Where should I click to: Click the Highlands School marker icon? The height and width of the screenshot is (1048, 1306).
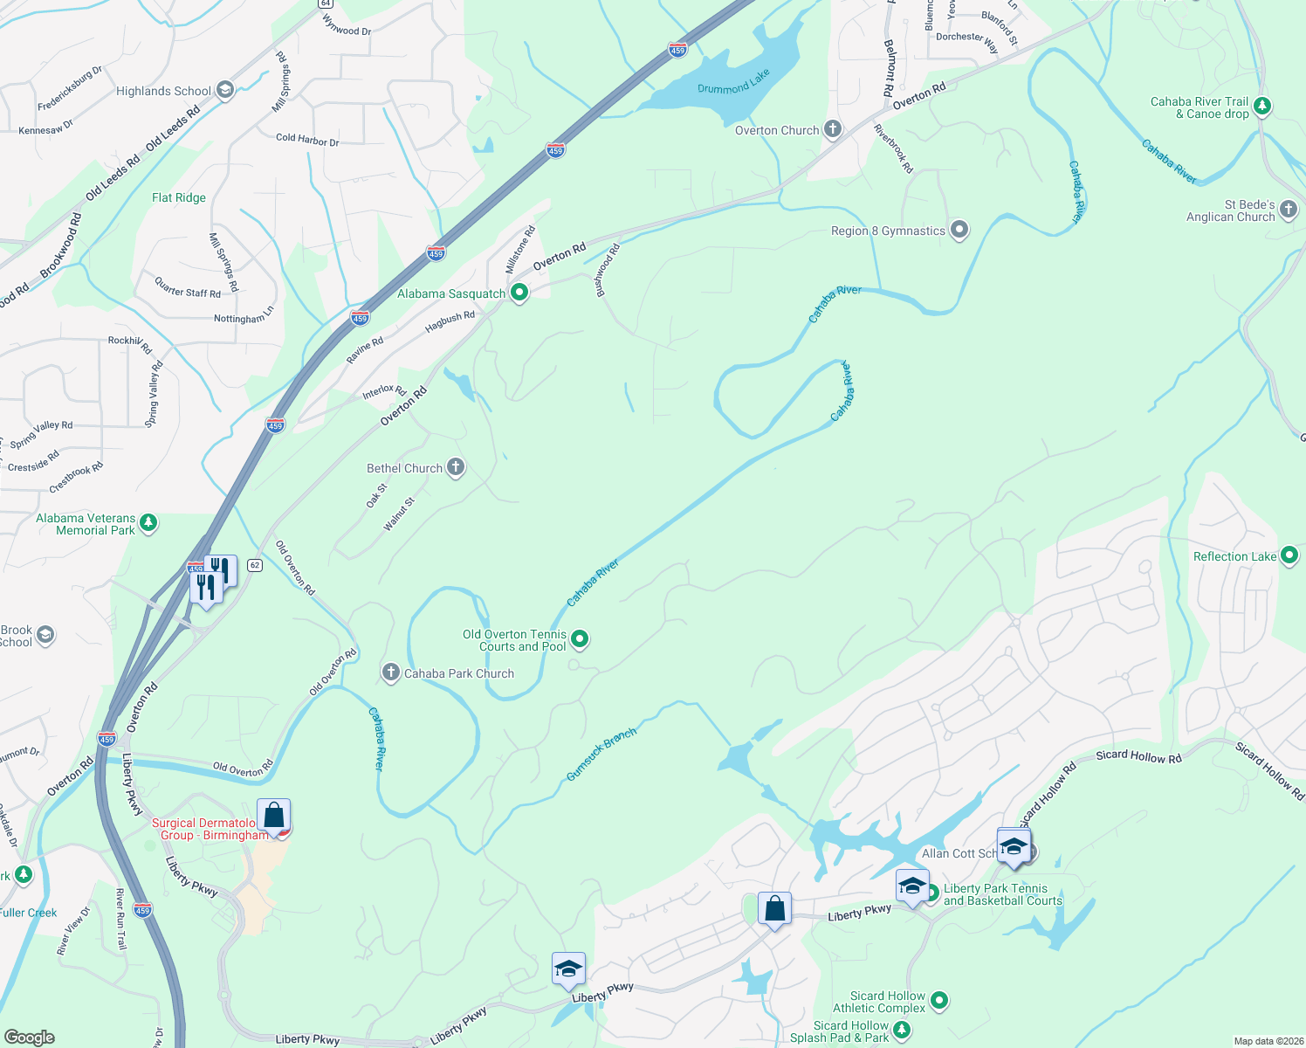224,90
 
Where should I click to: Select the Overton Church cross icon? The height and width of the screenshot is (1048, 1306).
833,130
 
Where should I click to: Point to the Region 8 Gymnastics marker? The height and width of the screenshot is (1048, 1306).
959,231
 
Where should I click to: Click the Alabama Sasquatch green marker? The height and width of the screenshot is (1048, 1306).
519,293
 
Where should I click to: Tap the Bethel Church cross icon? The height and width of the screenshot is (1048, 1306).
456,468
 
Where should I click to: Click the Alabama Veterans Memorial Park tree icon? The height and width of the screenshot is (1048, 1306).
148,523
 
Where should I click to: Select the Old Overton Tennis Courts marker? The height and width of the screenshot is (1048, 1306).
580,640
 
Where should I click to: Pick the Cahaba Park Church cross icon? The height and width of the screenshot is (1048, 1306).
390,672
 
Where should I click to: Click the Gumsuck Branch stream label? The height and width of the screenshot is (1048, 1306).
601,754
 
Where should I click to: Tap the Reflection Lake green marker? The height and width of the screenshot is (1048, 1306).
1289,556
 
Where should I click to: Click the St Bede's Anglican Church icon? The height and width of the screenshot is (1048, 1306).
1289,210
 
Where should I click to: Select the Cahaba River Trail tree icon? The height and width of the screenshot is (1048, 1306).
1261,107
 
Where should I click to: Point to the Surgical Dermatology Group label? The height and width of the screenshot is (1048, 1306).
210,829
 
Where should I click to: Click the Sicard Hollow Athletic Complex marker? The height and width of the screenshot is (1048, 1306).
939,1001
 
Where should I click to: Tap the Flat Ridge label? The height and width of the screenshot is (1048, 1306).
179,197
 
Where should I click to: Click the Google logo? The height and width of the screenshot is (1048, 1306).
29,1038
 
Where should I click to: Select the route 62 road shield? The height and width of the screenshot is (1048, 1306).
254,565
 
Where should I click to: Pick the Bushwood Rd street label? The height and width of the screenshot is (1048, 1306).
608,270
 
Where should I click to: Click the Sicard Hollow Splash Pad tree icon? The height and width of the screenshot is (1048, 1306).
903,1032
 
